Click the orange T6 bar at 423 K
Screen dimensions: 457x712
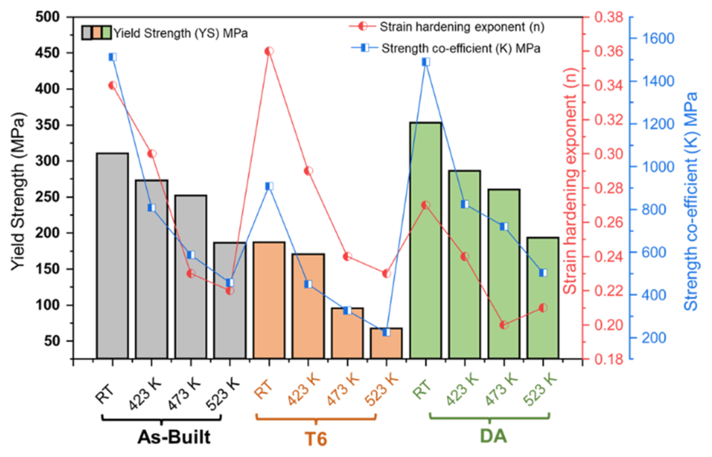coord(308,305)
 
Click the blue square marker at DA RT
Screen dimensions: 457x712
coord(425,62)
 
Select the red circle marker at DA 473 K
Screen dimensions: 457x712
coord(503,325)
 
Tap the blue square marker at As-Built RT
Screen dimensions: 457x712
coord(112,57)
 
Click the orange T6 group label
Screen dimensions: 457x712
coord(316,439)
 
